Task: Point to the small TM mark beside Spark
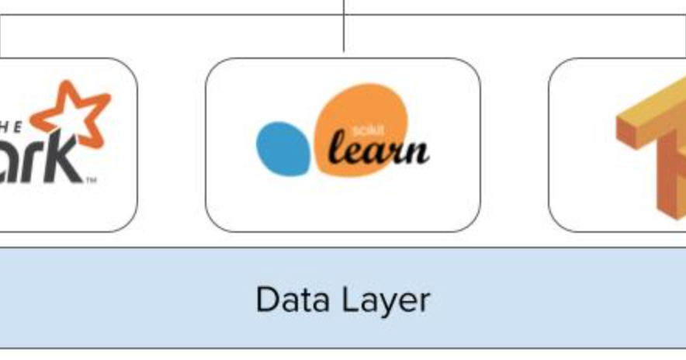point(91,181)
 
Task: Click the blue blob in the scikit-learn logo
point(283,147)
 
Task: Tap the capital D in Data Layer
point(266,299)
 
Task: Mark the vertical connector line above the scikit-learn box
point(344,27)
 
